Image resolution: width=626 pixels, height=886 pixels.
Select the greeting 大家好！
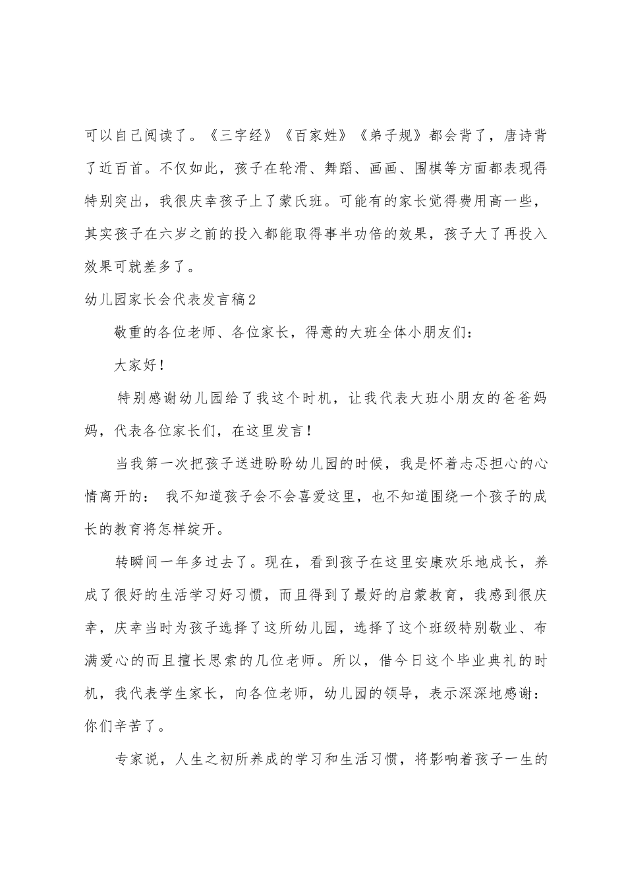click(139, 365)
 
